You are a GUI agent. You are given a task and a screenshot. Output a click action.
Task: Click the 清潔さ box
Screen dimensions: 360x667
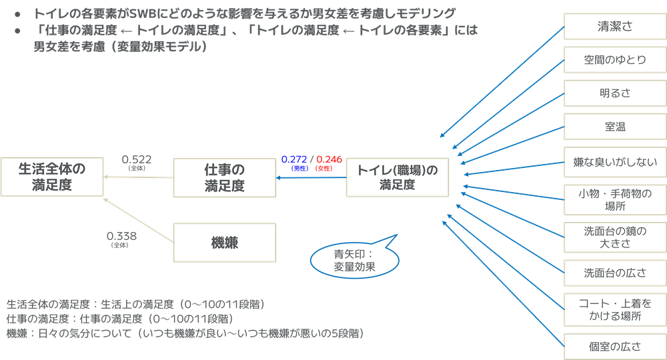[614, 27]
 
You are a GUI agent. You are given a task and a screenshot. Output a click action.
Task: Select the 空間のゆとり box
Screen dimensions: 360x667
[614, 60]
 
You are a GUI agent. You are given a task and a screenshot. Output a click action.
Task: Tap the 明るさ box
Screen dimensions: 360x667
[614, 93]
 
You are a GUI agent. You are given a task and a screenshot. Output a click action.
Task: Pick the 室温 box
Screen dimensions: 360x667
[614, 126]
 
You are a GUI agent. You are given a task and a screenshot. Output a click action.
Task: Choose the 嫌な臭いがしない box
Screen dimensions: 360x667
[614, 162]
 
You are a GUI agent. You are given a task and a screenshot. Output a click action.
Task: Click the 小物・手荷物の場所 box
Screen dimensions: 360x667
[614, 199]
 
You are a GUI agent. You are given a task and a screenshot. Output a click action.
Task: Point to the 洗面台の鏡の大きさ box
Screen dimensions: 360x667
[614, 237]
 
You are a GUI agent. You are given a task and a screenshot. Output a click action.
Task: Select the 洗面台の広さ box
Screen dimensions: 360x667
[614, 273]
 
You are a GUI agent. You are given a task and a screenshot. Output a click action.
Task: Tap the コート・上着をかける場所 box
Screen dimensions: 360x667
[614, 309]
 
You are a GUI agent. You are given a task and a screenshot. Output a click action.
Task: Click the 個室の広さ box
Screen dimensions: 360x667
[614, 345]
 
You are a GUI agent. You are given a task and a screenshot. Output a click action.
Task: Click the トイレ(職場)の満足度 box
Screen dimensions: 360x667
[398, 177]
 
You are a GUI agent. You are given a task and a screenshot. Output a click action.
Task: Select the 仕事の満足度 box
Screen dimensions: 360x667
[224, 177]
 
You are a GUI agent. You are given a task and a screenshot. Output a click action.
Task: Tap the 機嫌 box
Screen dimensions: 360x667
[224, 243]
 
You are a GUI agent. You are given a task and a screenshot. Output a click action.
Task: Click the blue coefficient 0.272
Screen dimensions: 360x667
[294, 159]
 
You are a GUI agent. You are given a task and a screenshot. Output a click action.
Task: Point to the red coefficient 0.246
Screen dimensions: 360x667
[329, 159]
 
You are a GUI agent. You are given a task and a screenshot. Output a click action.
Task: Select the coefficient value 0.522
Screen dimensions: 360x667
[137, 159]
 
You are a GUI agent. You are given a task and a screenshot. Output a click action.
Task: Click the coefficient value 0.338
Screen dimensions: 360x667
[121, 235]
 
